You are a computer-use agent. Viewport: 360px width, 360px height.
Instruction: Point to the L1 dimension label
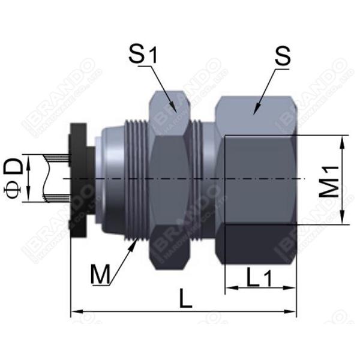259,277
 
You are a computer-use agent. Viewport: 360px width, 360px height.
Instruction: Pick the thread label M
100,274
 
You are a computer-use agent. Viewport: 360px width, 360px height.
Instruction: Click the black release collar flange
77,180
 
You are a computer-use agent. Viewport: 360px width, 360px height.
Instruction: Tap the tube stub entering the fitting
57,179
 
